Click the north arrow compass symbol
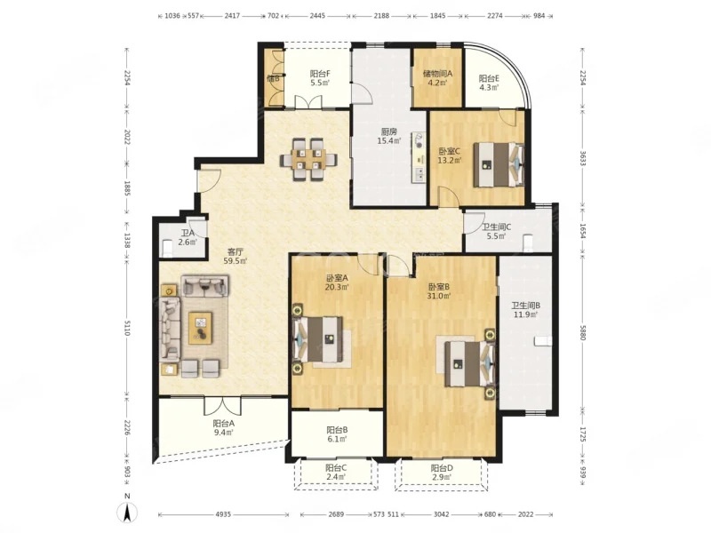(128, 513)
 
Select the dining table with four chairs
(308, 160)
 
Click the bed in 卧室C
(499, 164)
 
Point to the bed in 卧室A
(317, 339)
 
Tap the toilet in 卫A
(167, 247)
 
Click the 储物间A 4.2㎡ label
(437, 77)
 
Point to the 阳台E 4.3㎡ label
(490, 83)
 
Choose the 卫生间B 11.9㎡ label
(525, 310)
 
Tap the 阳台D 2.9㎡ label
(442, 473)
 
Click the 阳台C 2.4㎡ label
(336, 472)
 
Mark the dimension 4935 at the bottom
(223, 514)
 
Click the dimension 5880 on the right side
(583, 333)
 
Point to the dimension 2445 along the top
(317, 16)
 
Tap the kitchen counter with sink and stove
(419, 157)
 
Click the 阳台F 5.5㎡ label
(320, 77)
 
